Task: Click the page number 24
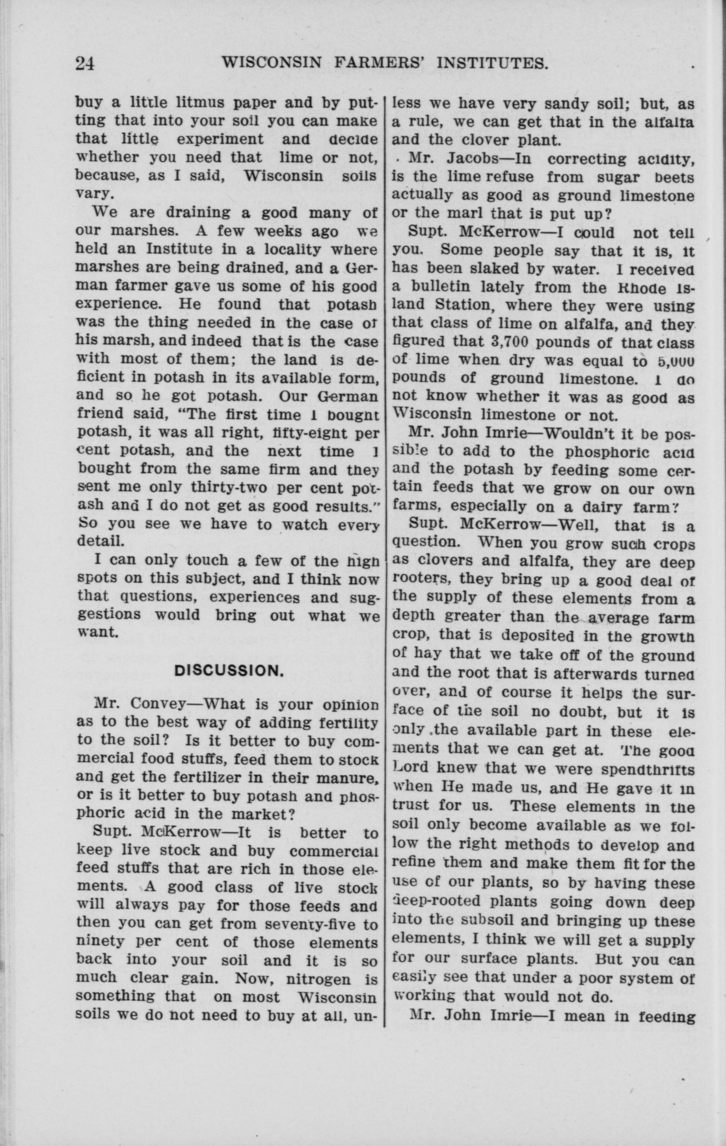pyautogui.click(x=86, y=63)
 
